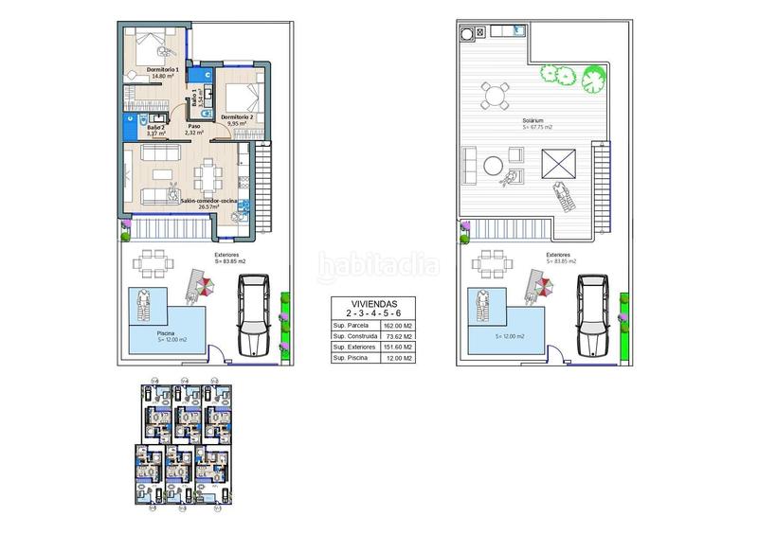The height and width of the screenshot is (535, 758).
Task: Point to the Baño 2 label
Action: point(156,127)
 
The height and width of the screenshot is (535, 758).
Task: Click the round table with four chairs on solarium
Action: point(492,95)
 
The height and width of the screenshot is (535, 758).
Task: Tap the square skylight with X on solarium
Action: point(556,160)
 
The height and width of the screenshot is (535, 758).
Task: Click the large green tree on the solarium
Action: point(594,74)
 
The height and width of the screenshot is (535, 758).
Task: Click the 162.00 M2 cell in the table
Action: point(393,325)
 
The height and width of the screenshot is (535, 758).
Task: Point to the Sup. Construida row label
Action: point(352,336)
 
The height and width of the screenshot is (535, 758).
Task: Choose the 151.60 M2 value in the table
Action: point(393,348)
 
